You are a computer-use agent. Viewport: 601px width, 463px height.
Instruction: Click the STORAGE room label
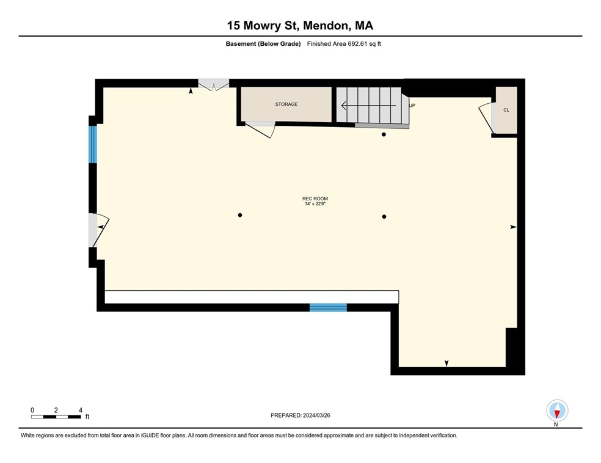point(286,104)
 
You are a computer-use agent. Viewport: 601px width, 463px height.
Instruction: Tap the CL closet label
point(506,110)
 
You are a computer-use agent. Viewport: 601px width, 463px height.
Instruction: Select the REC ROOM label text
point(315,199)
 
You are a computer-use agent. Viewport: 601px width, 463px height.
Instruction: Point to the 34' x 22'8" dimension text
point(315,204)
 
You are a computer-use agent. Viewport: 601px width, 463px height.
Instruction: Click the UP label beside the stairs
point(412,106)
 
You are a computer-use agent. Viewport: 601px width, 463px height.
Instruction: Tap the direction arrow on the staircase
point(368,105)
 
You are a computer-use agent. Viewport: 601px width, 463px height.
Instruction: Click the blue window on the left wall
point(93,145)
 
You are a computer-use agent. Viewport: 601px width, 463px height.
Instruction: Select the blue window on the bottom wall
point(328,307)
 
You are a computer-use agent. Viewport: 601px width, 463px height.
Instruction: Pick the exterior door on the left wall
point(99,230)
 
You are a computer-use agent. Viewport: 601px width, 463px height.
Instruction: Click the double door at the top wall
point(214,85)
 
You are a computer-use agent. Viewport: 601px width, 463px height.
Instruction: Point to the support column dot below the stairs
point(384,134)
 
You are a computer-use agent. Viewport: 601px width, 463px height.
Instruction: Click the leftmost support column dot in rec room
point(240,215)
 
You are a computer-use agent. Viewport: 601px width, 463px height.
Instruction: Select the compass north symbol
point(557,411)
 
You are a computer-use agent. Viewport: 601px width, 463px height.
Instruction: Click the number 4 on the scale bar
point(81,410)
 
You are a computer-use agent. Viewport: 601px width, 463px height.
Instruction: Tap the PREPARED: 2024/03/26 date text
point(300,415)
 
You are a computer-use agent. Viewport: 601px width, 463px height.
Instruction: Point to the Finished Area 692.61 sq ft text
point(344,44)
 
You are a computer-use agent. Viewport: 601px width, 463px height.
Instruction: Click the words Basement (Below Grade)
point(263,44)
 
